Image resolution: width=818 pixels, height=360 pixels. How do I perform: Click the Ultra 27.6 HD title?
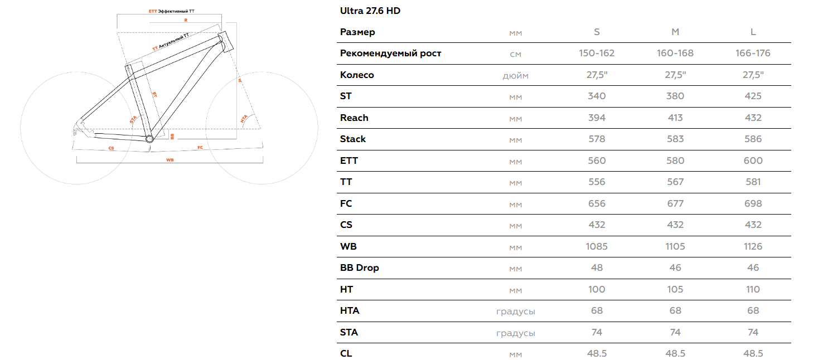(x=370, y=11)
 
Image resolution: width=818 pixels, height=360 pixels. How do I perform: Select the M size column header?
(x=675, y=32)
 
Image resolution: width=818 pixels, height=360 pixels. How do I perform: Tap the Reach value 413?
(x=675, y=118)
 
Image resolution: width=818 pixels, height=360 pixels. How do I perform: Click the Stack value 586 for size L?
(x=753, y=139)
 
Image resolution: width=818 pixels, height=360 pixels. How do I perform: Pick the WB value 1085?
(x=597, y=246)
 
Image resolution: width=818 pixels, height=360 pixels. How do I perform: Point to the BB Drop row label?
(x=359, y=268)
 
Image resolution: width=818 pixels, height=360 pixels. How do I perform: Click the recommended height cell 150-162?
(x=597, y=53)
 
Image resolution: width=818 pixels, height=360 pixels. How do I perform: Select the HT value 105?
(x=675, y=289)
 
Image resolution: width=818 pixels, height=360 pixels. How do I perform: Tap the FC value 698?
(x=753, y=203)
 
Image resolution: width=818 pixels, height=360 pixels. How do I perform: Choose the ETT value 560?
(x=597, y=161)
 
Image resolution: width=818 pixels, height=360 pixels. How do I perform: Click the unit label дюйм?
(x=515, y=75)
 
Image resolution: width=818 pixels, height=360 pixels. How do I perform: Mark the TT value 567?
(x=675, y=182)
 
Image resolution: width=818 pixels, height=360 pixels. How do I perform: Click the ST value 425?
(x=753, y=96)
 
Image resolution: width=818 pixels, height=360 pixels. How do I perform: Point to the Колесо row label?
(x=357, y=75)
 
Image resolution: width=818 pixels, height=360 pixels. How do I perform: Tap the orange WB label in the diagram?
(x=170, y=160)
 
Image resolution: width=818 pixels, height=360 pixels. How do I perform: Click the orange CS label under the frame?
(x=111, y=148)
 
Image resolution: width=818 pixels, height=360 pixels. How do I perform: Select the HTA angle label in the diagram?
(x=244, y=119)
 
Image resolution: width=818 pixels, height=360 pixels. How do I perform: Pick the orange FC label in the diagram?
(x=200, y=148)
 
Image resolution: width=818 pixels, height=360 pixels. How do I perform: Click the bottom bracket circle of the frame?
(x=149, y=139)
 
